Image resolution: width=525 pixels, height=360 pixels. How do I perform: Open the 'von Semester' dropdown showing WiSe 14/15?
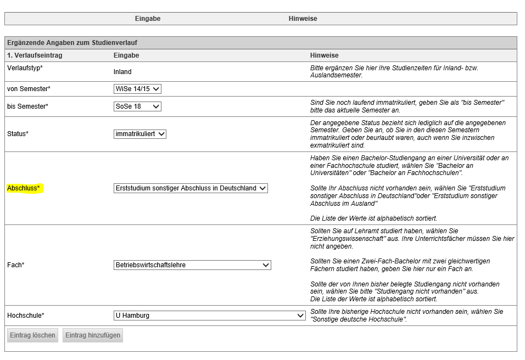(x=137, y=89)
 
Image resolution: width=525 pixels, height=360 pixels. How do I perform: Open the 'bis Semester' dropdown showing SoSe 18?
(x=137, y=106)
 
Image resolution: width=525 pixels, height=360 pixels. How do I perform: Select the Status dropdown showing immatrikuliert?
(x=140, y=134)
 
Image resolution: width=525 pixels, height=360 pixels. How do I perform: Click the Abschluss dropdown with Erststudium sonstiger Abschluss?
(x=191, y=188)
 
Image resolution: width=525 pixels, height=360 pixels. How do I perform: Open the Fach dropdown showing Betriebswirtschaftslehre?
(x=192, y=265)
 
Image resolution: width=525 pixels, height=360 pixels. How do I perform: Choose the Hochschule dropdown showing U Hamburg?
(x=209, y=316)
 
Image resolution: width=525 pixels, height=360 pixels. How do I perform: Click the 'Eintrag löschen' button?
(x=32, y=335)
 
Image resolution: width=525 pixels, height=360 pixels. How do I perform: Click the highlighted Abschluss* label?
(x=24, y=188)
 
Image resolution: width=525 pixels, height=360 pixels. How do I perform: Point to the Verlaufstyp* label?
(x=25, y=68)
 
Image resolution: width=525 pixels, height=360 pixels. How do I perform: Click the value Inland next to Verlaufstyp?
(x=122, y=72)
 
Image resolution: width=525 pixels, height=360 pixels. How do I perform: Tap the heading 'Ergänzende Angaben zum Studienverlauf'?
(x=72, y=43)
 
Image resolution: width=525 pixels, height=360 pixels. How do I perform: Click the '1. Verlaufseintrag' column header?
(x=35, y=55)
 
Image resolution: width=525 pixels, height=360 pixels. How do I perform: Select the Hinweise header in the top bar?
(x=303, y=19)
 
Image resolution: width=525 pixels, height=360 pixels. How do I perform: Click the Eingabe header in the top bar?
(x=148, y=19)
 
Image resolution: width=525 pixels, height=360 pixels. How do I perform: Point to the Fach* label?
(x=16, y=265)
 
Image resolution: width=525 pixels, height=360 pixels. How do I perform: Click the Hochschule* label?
(x=26, y=316)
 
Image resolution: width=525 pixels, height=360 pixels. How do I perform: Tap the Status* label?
(x=18, y=134)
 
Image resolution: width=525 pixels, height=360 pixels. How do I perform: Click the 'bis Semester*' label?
(x=27, y=106)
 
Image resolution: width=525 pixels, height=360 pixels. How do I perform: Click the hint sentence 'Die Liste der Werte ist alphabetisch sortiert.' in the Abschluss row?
(x=374, y=218)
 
